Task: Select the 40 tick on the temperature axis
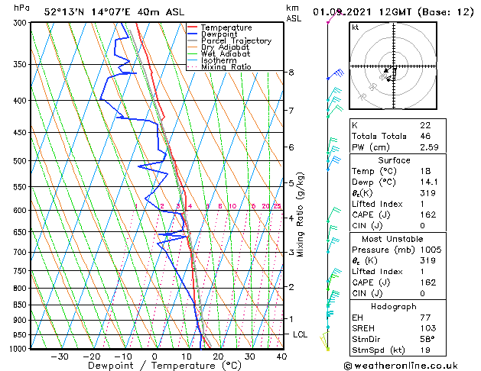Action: [x=281, y=356]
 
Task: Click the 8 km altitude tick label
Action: [x=291, y=73]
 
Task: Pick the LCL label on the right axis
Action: [x=301, y=334]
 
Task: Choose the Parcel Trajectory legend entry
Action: [x=236, y=41]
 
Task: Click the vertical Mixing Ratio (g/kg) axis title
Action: [x=301, y=215]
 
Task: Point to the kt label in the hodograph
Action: [x=355, y=27]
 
